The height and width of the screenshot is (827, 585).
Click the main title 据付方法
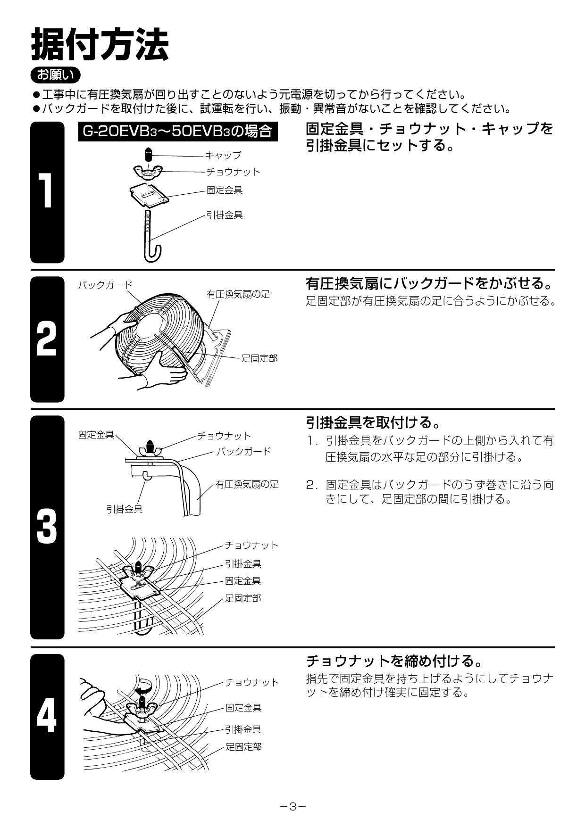(x=100, y=44)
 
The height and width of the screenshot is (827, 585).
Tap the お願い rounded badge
(x=55, y=75)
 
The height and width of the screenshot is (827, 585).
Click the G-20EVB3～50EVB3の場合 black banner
(x=178, y=131)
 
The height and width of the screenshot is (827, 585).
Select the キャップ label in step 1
(x=223, y=155)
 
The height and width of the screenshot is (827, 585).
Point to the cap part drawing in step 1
(x=148, y=154)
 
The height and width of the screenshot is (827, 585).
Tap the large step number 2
(x=47, y=339)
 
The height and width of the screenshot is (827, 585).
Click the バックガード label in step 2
(x=105, y=285)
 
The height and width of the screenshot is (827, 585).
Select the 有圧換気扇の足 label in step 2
(x=238, y=294)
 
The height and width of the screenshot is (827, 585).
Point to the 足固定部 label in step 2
(x=259, y=358)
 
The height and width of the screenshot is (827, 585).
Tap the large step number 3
(x=47, y=527)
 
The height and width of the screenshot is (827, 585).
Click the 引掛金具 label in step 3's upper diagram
(x=124, y=509)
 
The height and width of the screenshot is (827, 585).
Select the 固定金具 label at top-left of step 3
(x=96, y=435)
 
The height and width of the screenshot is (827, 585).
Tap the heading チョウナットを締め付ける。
(x=395, y=661)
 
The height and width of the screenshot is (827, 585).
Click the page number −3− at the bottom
(x=292, y=807)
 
